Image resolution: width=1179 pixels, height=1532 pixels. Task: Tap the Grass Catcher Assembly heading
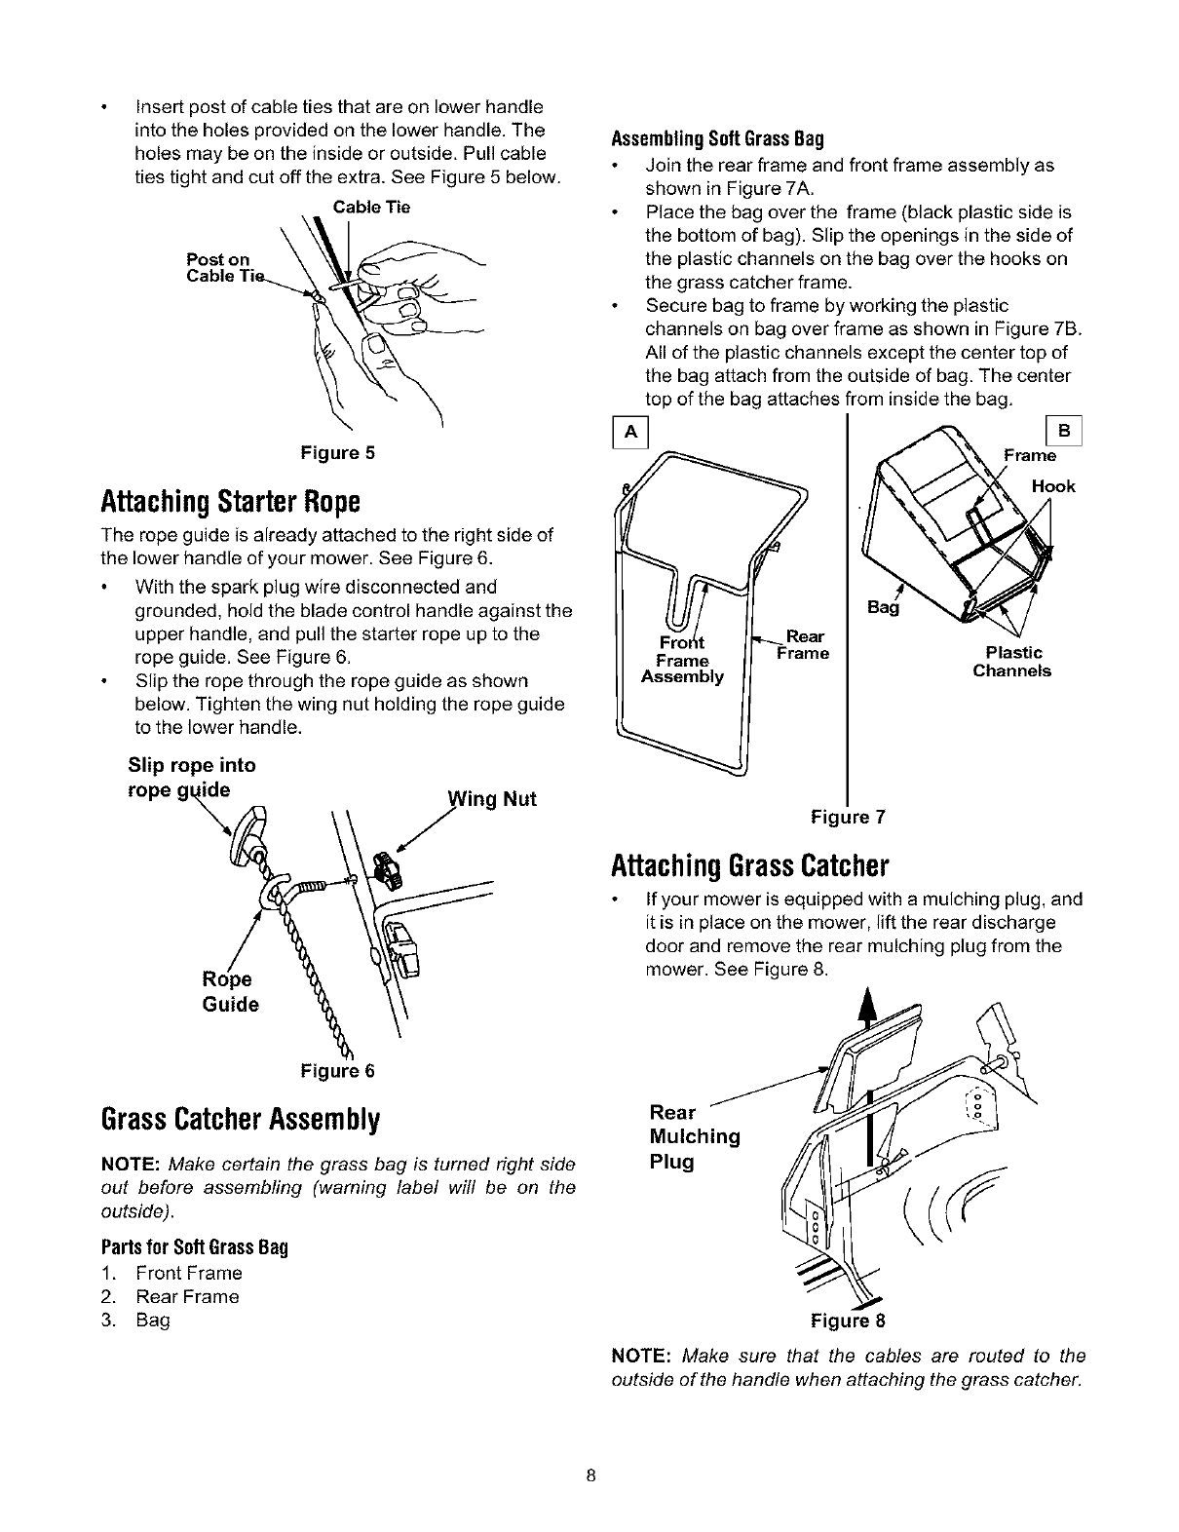pyautogui.click(x=240, y=1118)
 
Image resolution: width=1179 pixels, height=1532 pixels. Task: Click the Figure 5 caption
pyautogui.click(x=336, y=453)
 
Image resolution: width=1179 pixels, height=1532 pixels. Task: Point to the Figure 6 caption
pyautogui.click(x=337, y=1071)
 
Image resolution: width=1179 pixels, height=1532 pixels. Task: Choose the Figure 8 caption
pyautogui.click(x=848, y=1321)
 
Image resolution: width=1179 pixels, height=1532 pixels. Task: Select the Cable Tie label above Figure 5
pyautogui.click(x=371, y=207)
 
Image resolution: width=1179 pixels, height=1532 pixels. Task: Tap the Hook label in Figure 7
pyautogui.click(x=1053, y=486)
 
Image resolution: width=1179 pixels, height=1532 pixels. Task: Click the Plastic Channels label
pyautogui.click(x=1012, y=662)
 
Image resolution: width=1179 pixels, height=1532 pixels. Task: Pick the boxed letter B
pyautogui.click(x=1063, y=432)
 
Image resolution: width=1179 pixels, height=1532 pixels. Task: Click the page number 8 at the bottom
pyautogui.click(x=590, y=1475)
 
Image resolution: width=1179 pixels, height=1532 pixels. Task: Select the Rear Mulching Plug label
pyautogui.click(x=694, y=1136)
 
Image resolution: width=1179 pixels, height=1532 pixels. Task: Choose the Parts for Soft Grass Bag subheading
pyautogui.click(x=196, y=1248)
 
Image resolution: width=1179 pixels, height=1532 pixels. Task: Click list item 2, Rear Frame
pyautogui.click(x=187, y=1297)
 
